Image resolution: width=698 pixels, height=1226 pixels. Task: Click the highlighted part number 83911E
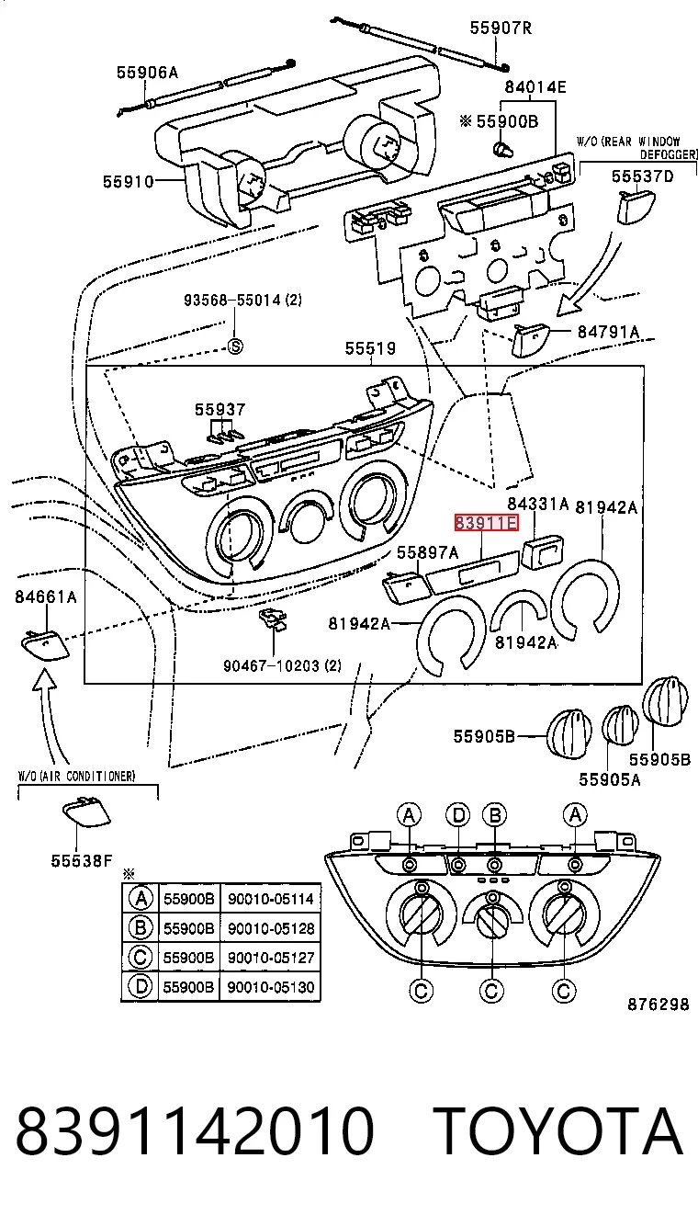click(x=486, y=523)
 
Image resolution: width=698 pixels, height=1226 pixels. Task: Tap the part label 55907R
click(x=501, y=28)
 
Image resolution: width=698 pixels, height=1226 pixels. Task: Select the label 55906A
click(x=147, y=73)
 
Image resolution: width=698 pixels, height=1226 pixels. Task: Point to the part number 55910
click(x=129, y=182)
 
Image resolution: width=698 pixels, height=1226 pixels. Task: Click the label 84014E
click(x=535, y=87)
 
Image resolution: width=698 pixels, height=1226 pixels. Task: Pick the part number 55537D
click(x=642, y=176)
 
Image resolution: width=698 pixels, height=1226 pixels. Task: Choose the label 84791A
click(x=608, y=332)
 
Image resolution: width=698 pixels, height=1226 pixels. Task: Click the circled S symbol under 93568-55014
click(x=235, y=346)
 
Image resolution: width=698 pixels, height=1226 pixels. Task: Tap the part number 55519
click(x=370, y=348)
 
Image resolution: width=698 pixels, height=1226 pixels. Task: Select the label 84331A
click(x=538, y=504)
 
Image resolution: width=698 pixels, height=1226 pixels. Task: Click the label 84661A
click(x=46, y=596)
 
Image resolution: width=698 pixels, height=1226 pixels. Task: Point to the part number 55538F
click(x=82, y=861)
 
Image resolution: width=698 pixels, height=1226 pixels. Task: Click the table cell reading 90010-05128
click(x=271, y=928)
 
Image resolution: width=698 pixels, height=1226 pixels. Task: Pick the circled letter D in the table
click(x=140, y=986)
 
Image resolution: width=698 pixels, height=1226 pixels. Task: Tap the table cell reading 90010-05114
click(x=271, y=899)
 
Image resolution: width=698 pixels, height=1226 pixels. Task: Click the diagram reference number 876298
click(x=659, y=1005)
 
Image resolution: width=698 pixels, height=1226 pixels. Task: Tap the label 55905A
click(x=610, y=778)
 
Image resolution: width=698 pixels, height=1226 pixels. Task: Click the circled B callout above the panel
click(x=494, y=815)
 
